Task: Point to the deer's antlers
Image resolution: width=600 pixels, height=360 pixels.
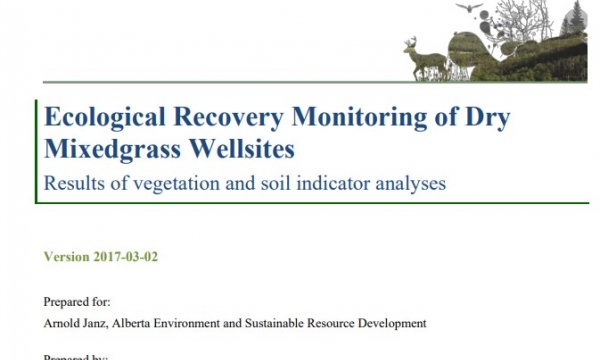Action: coord(412,42)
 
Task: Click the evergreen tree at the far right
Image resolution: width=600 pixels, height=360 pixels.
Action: coord(575,22)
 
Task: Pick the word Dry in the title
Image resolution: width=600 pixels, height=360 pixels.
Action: coord(486,119)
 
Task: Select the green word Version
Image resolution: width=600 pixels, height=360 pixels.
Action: coord(67,256)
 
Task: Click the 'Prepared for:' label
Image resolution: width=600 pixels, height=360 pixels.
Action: coord(77,301)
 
